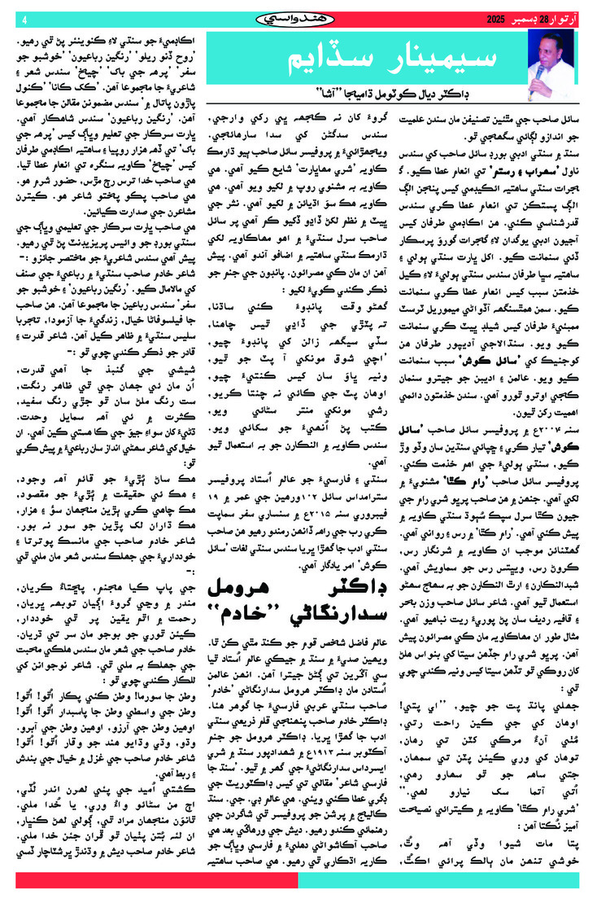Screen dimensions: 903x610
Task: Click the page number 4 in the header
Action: coord(24,17)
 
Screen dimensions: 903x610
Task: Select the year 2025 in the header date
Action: coord(496,17)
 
